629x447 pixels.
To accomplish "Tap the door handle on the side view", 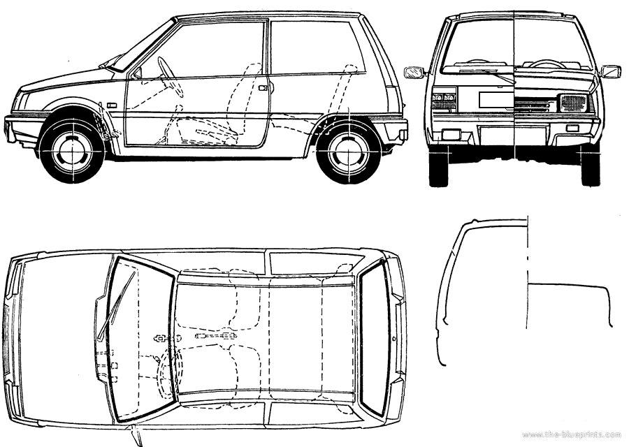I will [x=263, y=88].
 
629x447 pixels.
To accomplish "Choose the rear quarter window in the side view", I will [x=315, y=47].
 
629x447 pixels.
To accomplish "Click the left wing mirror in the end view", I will [x=414, y=72].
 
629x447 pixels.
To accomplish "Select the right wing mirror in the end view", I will [x=610, y=71].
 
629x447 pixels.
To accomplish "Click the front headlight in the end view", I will [x=573, y=103].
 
